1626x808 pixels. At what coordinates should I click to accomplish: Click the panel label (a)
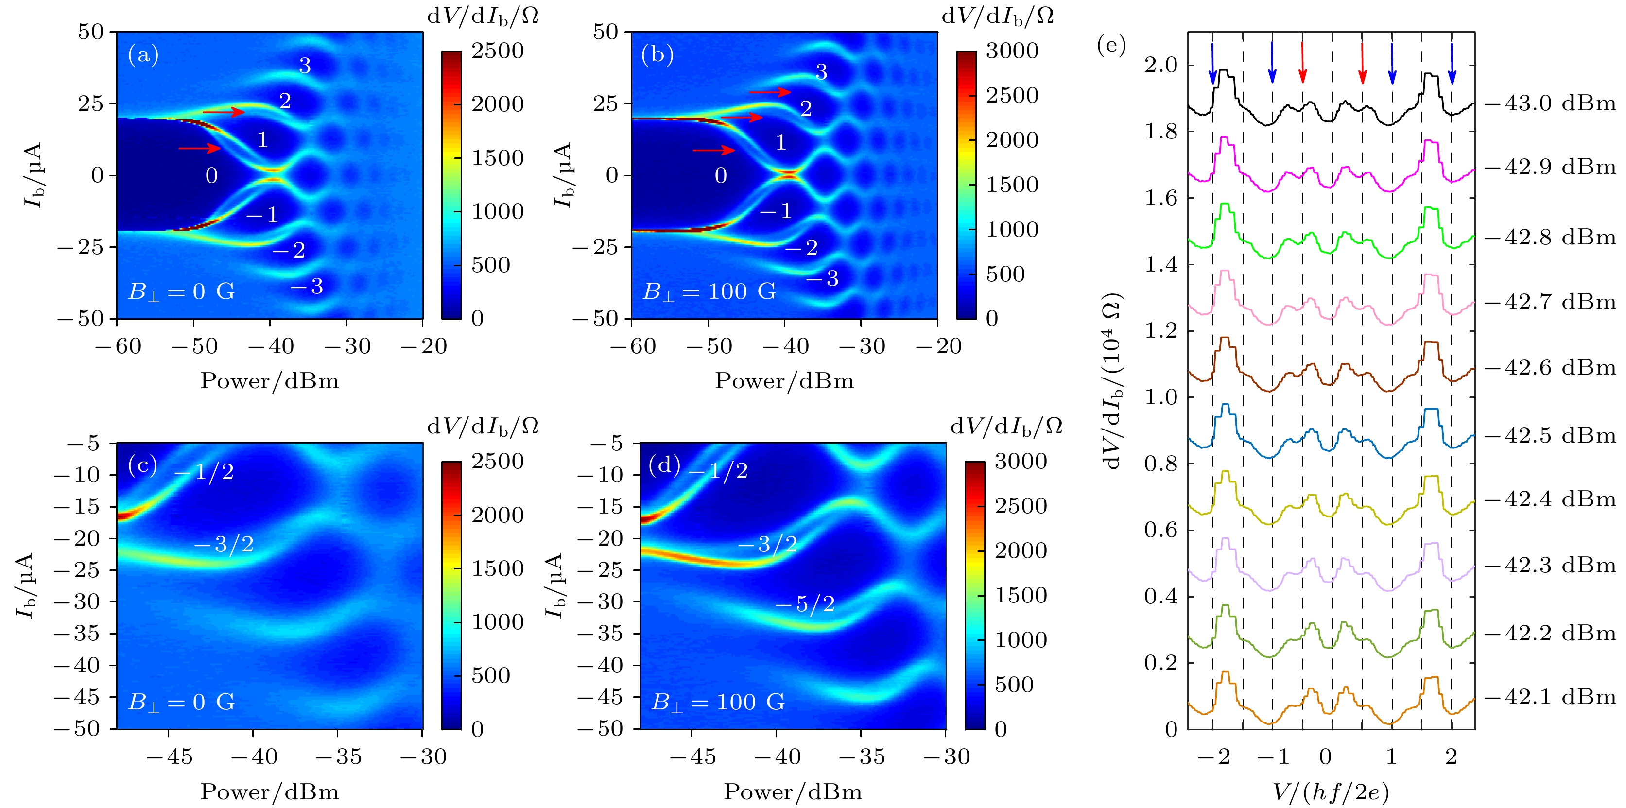point(143,55)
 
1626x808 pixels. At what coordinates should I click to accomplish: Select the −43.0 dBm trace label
point(1550,103)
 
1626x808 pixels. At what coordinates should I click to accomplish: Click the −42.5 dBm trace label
point(1550,435)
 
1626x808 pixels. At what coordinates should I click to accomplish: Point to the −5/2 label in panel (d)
point(805,604)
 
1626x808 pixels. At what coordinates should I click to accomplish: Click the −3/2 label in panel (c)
point(224,544)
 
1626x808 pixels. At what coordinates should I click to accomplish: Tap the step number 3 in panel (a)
point(305,66)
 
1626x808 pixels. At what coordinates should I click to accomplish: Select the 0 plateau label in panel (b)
point(720,175)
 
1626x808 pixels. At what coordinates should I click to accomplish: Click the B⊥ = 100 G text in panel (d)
point(718,702)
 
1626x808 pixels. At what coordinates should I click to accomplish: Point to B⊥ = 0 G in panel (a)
point(182,292)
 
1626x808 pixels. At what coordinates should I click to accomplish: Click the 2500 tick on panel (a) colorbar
point(498,51)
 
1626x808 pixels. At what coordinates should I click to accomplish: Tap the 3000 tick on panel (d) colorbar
point(1021,462)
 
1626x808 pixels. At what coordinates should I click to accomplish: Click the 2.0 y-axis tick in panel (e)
point(1161,65)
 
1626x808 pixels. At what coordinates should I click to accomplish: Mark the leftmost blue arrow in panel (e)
point(1212,63)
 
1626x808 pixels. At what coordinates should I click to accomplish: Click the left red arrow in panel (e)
point(1302,63)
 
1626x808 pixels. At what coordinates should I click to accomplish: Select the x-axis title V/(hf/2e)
point(1331,791)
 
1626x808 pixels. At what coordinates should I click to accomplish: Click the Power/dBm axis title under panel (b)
point(784,381)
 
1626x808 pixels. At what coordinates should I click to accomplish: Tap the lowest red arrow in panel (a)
point(199,148)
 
